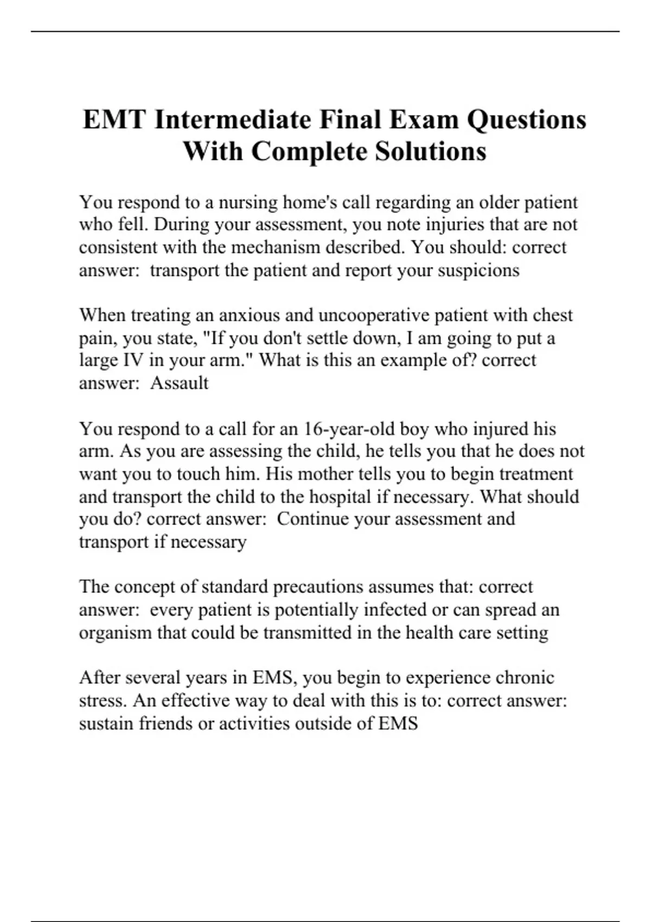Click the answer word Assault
coord(179,383)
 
